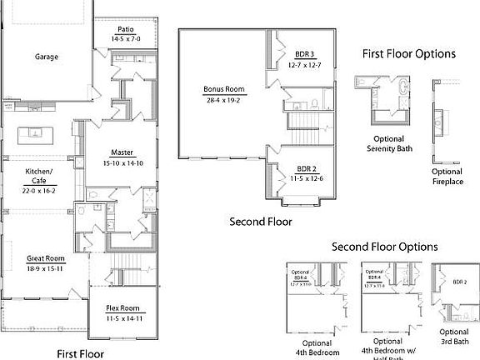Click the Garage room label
pyautogui.click(x=46, y=57)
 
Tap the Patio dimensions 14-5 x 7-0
pyautogui.click(x=126, y=38)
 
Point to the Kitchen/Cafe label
pyautogui.click(x=39, y=176)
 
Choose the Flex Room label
pyautogui.click(x=122, y=308)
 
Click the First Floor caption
pyautogui.click(x=81, y=353)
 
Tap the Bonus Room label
pyautogui.click(x=223, y=90)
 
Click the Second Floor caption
pyautogui.click(x=260, y=222)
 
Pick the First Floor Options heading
pyautogui.click(x=408, y=54)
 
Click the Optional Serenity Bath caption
pyautogui.click(x=385, y=144)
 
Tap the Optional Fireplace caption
pyautogui.click(x=447, y=177)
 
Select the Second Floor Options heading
pyautogui.click(x=385, y=247)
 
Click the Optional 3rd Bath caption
pyautogui.click(x=456, y=336)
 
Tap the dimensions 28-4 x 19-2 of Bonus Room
pyautogui.click(x=223, y=99)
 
